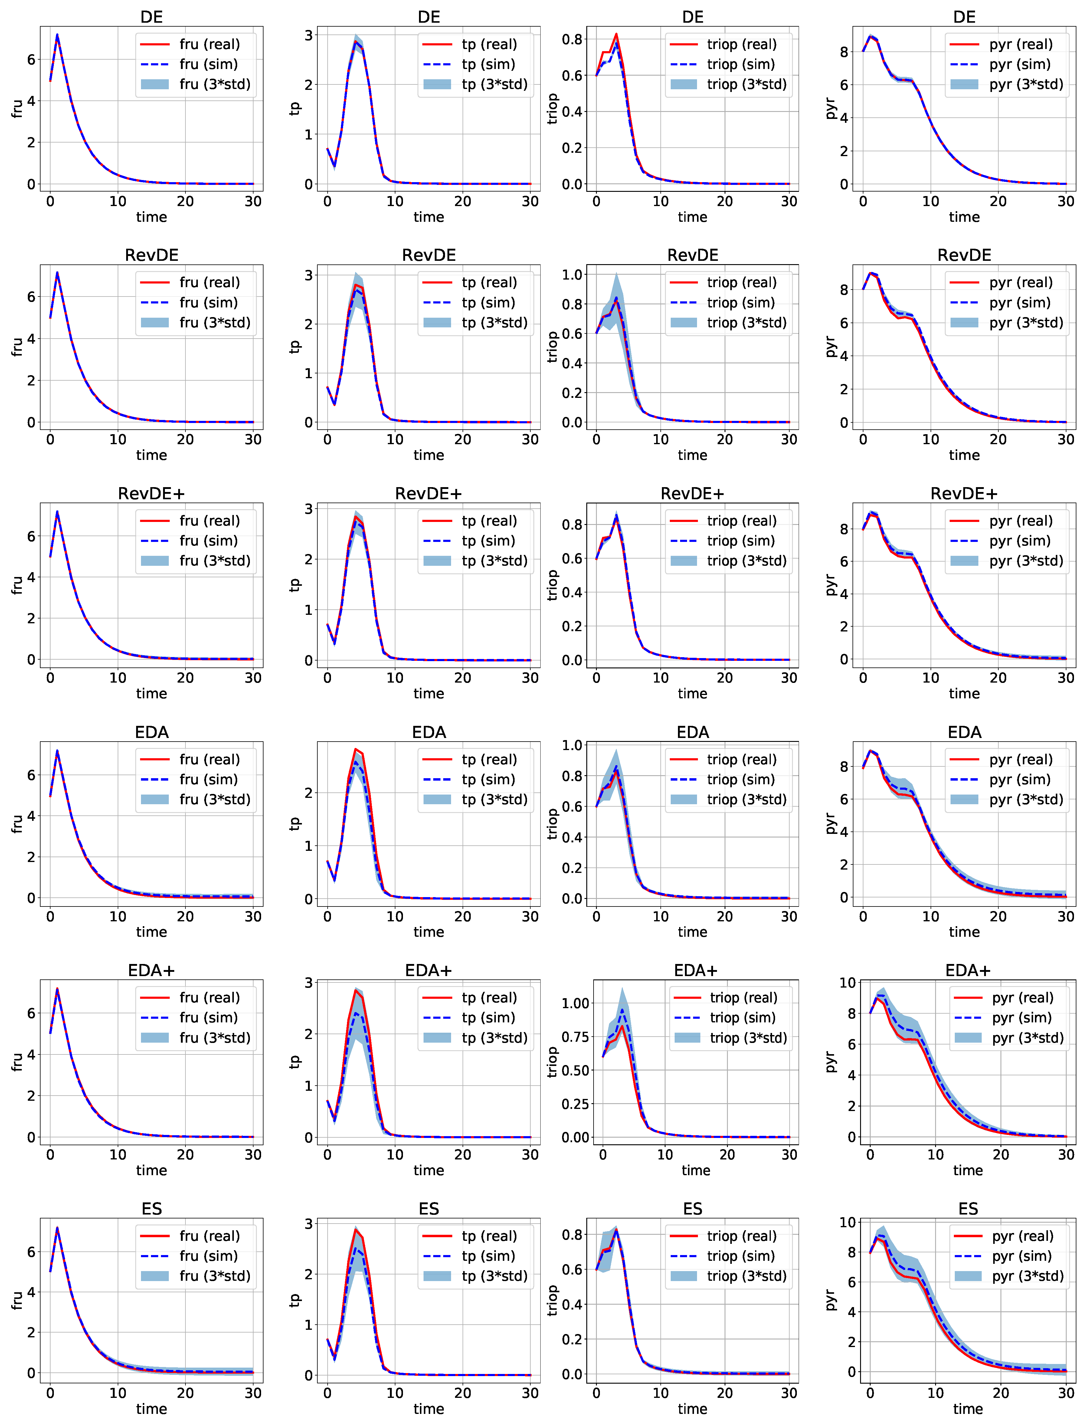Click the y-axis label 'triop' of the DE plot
click(x=552, y=108)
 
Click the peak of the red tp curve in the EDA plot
click(x=355, y=749)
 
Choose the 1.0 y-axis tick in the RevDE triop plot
click(x=571, y=274)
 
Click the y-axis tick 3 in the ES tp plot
click(x=309, y=1224)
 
